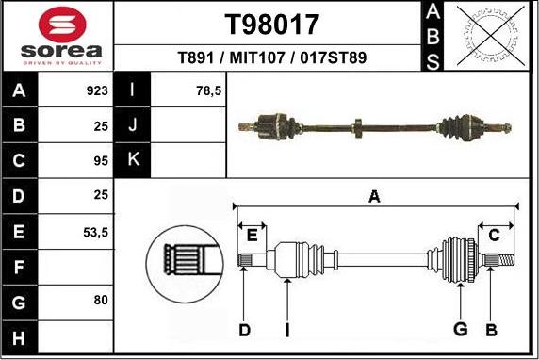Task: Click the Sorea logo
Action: (57, 35)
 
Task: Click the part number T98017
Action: (272, 24)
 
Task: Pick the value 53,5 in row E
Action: (95, 231)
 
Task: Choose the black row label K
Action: (133, 161)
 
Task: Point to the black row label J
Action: (133, 126)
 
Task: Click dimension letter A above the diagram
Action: (374, 197)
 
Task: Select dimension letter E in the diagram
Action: (252, 235)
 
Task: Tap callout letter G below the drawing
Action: (461, 329)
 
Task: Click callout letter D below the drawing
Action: (244, 329)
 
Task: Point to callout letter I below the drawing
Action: (286, 329)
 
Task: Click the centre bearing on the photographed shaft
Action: (357, 124)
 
